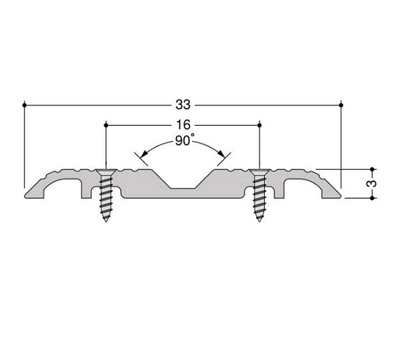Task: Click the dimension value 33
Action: click(x=183, y=105)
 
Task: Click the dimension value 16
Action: click(x=183, y=125)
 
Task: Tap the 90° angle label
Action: click(x=185, y=140)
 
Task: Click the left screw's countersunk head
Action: click(x=106, y=172)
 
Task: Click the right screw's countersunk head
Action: click(x=260, y=172)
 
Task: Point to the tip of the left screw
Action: click(x=106, y=222)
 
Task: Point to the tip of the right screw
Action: click(x=260, y=222)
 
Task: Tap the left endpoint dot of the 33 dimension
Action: click(x=24, y=105)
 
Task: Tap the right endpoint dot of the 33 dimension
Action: click(x=341, y=105)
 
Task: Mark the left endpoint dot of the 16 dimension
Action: click(x=106, y=125)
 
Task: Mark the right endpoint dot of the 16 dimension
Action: click(x=260, y=125)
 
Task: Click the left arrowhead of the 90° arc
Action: click(x=144, y=154)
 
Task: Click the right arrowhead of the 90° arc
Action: click(x=222, y=154)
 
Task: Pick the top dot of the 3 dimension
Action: click(x=372, y=169)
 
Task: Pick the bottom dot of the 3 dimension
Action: click(x=372, y=198)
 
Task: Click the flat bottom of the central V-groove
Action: click(x=183, y=188)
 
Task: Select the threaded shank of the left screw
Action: click(x=106, y=196)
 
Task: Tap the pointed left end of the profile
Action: click(x=25, y=196)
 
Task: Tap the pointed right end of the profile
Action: click(x=341, y=196)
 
